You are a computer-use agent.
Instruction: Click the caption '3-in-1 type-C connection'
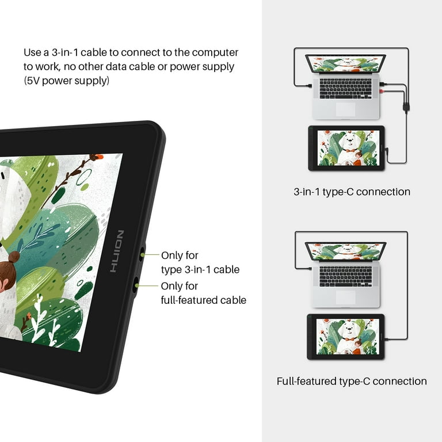click(352, 192)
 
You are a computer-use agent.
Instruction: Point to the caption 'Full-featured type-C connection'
click(352, 381)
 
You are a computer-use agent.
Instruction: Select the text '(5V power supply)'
click(66, 81)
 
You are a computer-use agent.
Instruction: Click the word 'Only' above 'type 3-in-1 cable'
click(172, 255)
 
